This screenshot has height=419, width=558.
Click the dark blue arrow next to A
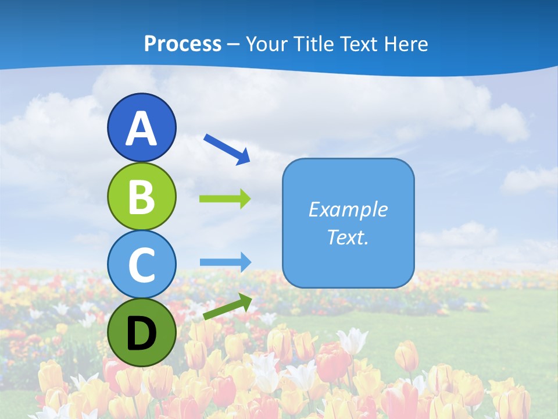pos(227,149)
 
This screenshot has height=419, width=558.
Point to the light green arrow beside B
pos(225,199)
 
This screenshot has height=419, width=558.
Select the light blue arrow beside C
pos(225,262)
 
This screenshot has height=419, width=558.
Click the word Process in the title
pos(183,44)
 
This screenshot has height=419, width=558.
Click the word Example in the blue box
pos(348,210)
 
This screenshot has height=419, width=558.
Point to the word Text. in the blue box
pos(348,237)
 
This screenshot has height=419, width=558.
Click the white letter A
pos(141,129)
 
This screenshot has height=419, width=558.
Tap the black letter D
pos(141,333)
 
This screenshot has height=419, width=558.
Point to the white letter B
pos(141,197)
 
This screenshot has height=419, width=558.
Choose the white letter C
pos(141,265)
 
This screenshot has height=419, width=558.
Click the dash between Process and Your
pos(234,44)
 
